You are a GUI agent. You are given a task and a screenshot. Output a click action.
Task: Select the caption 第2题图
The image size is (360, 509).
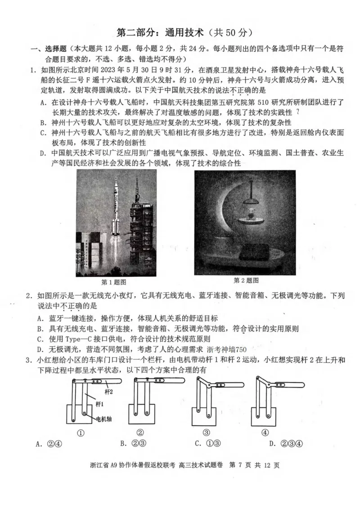[x=246, y=280]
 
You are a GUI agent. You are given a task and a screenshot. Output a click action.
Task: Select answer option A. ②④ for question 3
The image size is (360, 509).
[x=50, y=444]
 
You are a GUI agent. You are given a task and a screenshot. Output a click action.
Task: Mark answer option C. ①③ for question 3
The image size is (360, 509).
[x=209, y=444]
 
